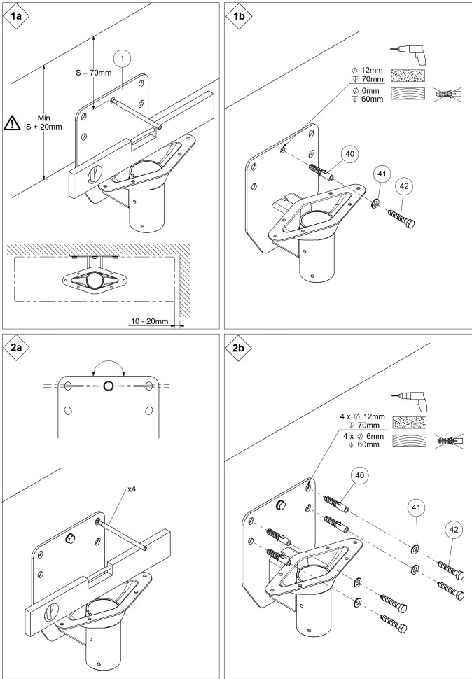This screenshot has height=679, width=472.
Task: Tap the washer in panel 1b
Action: [x=375, y=203]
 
